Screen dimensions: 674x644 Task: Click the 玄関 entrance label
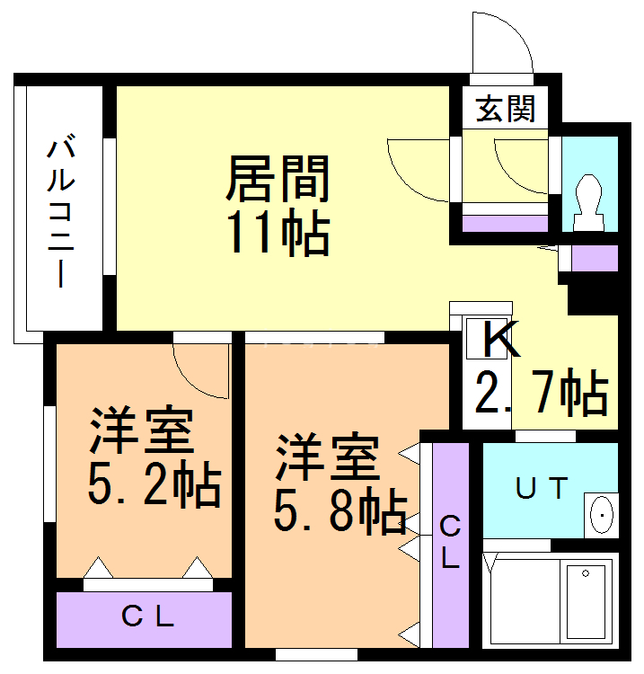coord(506,109)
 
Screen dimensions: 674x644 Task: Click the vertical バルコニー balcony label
coord(60,211)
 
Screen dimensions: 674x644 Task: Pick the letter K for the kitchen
coord(499,340)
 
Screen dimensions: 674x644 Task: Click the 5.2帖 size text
coord(153,485)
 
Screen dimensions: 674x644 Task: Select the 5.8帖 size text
coord(340,512)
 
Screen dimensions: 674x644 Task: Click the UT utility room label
coord(541,488)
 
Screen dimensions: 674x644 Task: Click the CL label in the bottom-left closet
coord(146,617)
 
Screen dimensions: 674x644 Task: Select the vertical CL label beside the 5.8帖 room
coord(450,542)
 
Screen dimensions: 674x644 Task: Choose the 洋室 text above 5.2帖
coord(142,433)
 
